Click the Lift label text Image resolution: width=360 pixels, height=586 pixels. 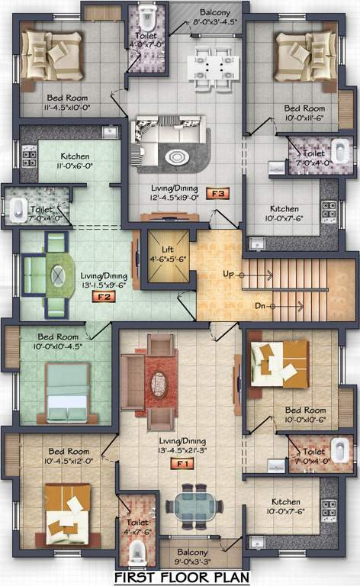tap(172, 248)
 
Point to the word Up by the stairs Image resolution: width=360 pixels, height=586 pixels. tap(227, 272)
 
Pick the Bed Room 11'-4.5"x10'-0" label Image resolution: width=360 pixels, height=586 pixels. tap(67, 102)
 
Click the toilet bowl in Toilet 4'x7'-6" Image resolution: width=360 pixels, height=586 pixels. tap(137, 551)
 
